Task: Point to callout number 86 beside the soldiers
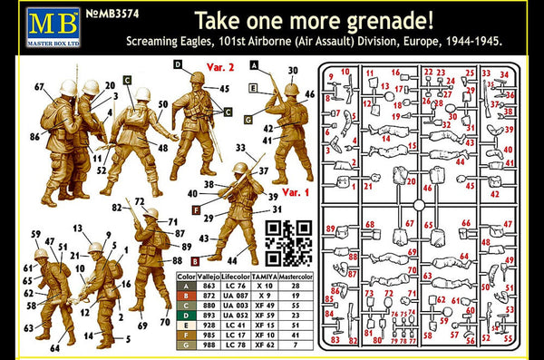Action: pos(33,136)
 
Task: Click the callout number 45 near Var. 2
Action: pos(224,89)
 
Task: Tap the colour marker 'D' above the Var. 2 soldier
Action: pos(178,63)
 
